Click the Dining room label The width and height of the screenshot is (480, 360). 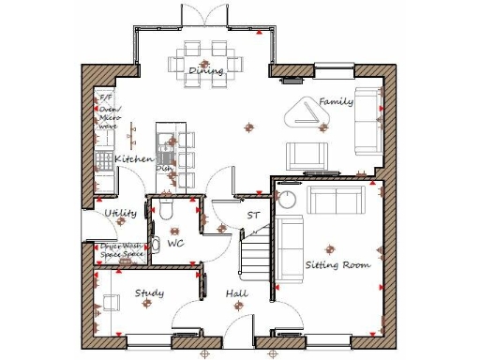pos(205,71)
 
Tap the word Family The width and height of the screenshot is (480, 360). pos(336,101)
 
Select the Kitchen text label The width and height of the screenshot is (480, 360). pos(134,159)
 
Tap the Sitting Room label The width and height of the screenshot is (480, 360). pos(337,265)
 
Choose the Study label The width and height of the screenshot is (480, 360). pos(149,293)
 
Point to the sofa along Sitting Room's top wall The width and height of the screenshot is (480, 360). pos(337,199)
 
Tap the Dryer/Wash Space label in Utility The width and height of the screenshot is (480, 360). pos(123,250)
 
